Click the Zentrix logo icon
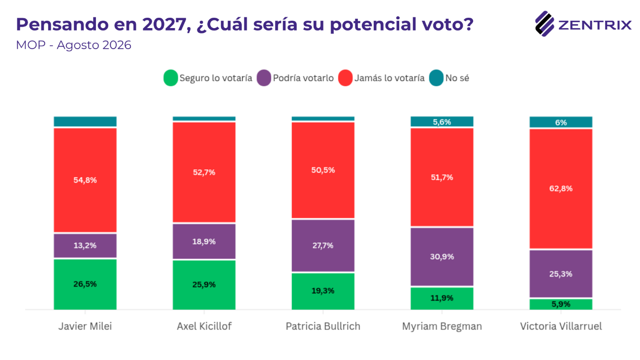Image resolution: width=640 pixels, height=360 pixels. click(544, 24)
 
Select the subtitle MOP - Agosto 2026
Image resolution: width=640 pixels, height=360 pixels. click(73, 45)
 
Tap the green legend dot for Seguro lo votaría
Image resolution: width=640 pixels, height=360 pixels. click(170, 78)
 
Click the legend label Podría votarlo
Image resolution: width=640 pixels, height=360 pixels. click(303, 78)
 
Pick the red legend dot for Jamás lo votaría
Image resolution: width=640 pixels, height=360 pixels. click(345, 78)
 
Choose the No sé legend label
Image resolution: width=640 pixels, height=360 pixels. click(457, 78)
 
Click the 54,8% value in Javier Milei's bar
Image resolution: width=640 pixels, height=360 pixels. click(85, 180)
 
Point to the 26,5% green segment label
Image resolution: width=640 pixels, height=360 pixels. click(85, 284)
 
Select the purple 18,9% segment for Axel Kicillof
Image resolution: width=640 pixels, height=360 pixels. click(204, 241)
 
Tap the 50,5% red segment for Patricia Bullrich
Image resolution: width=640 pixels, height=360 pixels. click(323, 170)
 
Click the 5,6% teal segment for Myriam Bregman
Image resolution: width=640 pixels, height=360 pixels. click(442, 122)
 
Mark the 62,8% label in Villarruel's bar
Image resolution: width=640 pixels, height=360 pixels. click(561, 189)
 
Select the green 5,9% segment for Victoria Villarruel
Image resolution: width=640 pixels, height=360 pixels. click(561, 304)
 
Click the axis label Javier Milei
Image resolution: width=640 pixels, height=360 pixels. click(85, 327)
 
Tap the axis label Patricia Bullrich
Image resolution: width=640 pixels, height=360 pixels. click(323, 327)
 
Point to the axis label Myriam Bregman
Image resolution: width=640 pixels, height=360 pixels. click(442, 327)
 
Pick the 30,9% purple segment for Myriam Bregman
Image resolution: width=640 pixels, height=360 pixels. click(442, 257)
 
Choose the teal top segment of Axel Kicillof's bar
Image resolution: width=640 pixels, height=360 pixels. click(204, 119)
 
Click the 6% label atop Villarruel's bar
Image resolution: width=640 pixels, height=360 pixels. click(561, 123)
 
